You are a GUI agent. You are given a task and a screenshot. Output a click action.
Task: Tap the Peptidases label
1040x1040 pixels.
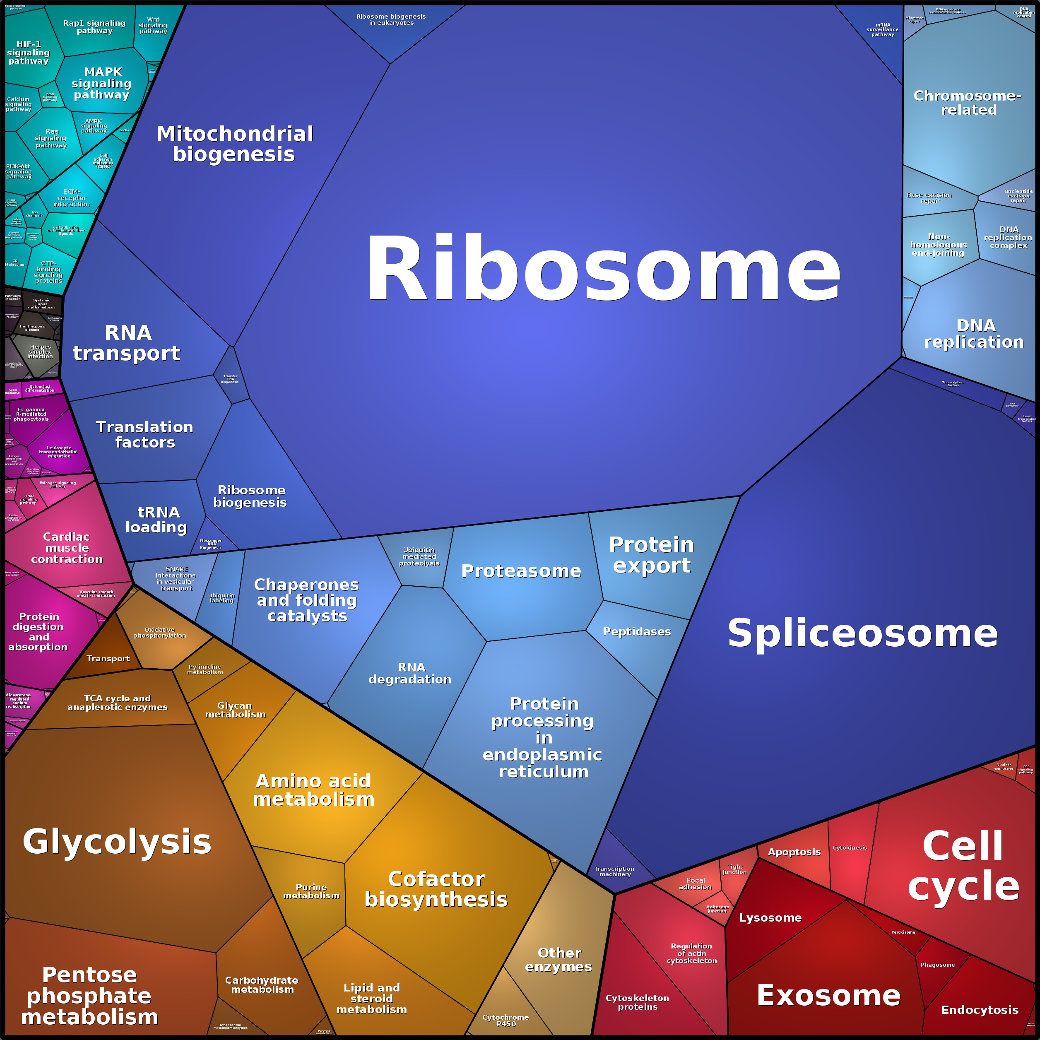point(636,632)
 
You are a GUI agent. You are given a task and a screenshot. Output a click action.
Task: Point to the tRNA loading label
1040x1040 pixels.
point(156,520)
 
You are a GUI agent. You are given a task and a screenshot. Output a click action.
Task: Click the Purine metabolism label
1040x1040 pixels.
point(311,891)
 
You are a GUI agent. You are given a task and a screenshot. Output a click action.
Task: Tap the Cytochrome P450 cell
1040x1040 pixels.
point(506,1021)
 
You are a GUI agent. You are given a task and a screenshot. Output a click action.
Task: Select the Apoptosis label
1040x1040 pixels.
point(794,852)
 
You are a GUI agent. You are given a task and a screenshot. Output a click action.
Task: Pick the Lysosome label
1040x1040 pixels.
point(770,918)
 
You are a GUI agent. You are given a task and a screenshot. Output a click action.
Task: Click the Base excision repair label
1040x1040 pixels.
point(929,198)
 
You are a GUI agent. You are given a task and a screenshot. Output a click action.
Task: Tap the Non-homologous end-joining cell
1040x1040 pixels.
point(938,245)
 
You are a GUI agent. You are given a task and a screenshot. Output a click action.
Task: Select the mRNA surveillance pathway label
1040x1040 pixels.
point(882,30)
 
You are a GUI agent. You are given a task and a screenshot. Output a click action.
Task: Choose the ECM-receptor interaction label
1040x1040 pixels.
point(72,198)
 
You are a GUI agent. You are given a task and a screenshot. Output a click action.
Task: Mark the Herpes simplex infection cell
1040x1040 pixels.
point(41,352)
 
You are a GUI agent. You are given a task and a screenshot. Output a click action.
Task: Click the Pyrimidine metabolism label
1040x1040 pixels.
point(205,669)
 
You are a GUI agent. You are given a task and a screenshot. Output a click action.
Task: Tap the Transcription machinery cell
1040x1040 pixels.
point(615,871)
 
